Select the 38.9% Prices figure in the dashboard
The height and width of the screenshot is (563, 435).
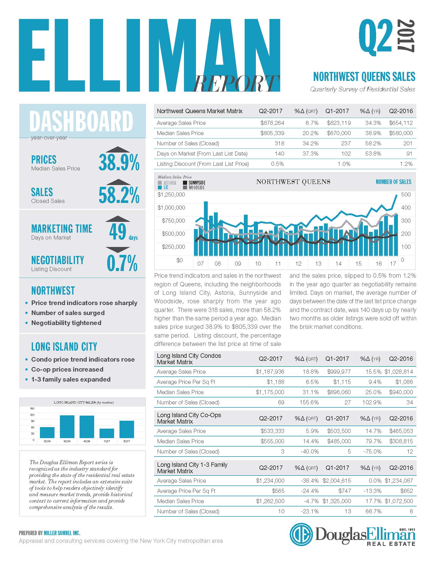[119, 162]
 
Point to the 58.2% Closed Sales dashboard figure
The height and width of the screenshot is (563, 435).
[119, 195]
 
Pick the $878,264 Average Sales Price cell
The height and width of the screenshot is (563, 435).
[272, 123]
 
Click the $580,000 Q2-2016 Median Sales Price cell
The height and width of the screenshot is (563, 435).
[401, 133]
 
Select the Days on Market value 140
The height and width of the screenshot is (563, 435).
[279, 154]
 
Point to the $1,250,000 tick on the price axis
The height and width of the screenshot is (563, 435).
[171, 194]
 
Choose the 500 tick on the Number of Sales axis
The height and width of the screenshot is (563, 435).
[406, 194]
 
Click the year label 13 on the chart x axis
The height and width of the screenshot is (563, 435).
[318, 263]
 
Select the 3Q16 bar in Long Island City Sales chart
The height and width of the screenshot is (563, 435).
[67, 427]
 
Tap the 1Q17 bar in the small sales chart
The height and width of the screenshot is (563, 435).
[107, 433]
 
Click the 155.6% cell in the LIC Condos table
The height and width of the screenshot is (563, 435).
[309, 402]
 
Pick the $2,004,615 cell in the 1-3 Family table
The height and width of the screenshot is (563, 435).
[339, 481]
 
